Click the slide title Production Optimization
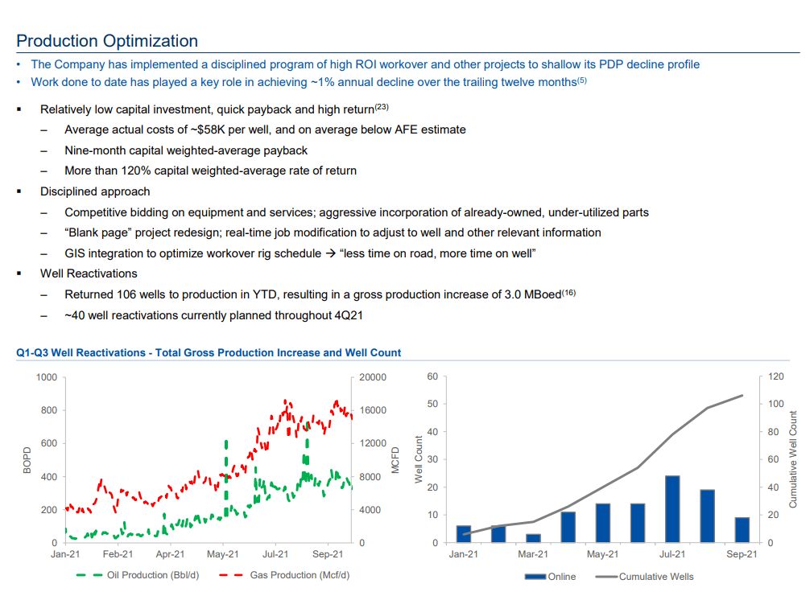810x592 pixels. point(107,41)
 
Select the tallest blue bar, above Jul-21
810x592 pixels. point(672,509)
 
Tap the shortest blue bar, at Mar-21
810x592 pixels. point(533,538)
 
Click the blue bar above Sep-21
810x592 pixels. point(742,530)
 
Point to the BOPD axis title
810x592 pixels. point(27,460)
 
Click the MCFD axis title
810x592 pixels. point(395,460)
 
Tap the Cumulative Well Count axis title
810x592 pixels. point(793,459)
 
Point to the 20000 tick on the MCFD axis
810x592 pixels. point(373,377)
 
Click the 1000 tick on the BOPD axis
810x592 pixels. point(47,377)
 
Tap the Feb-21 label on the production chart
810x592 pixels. point(118,554)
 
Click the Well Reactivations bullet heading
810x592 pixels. point(89,274)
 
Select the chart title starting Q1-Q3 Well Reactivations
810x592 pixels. point(209,352)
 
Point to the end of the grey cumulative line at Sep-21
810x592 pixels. point(742,395)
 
